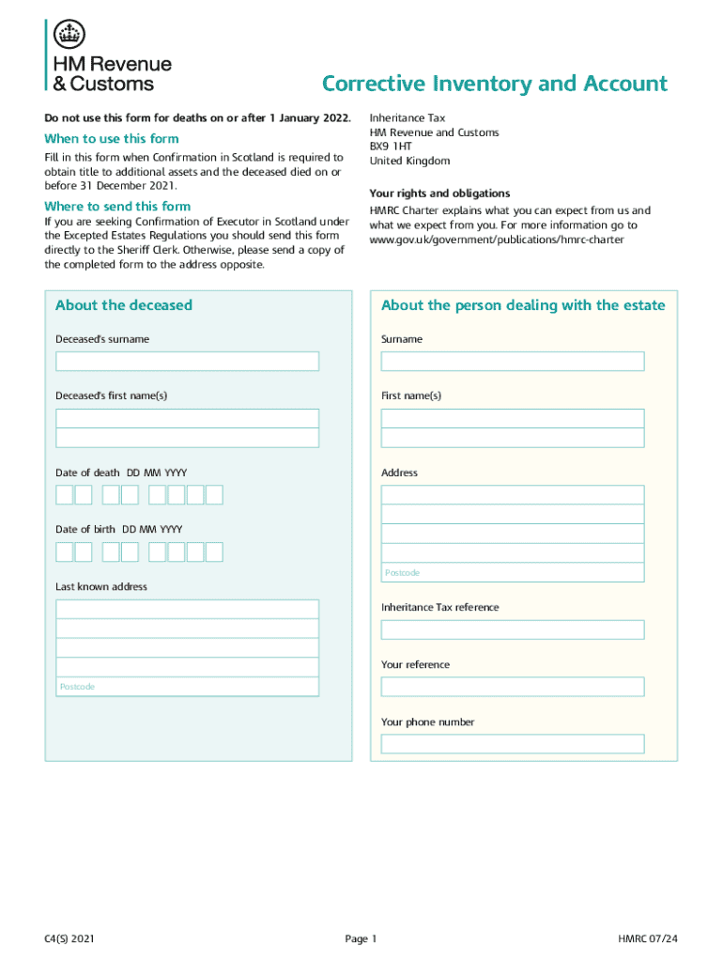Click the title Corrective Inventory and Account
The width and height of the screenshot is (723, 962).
(495, 84)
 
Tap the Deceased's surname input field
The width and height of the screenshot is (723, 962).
(188, 362)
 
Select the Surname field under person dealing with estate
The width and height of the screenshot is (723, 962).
(513, 362)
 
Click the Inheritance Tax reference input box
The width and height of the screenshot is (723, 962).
(513, 629)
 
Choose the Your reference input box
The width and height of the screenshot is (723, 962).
(513, 687)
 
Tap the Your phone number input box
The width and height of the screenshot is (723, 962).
(513, 744)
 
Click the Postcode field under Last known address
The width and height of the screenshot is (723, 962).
(188, 687)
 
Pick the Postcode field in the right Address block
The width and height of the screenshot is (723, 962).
(513, 572)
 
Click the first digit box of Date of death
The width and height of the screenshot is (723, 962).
(65, 495)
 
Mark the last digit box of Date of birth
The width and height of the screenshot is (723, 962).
(214, 552)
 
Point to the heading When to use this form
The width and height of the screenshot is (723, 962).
(112, 139)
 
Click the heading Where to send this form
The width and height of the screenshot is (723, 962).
(117, 206)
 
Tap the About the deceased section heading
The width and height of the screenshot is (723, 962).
(124, 305)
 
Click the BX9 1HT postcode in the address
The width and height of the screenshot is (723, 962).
(391, 147)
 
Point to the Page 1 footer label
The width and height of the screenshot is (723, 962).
(361, 939)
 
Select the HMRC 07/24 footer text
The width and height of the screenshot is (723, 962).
(648, 939)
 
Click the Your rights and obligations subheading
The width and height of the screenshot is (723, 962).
(440, 193)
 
